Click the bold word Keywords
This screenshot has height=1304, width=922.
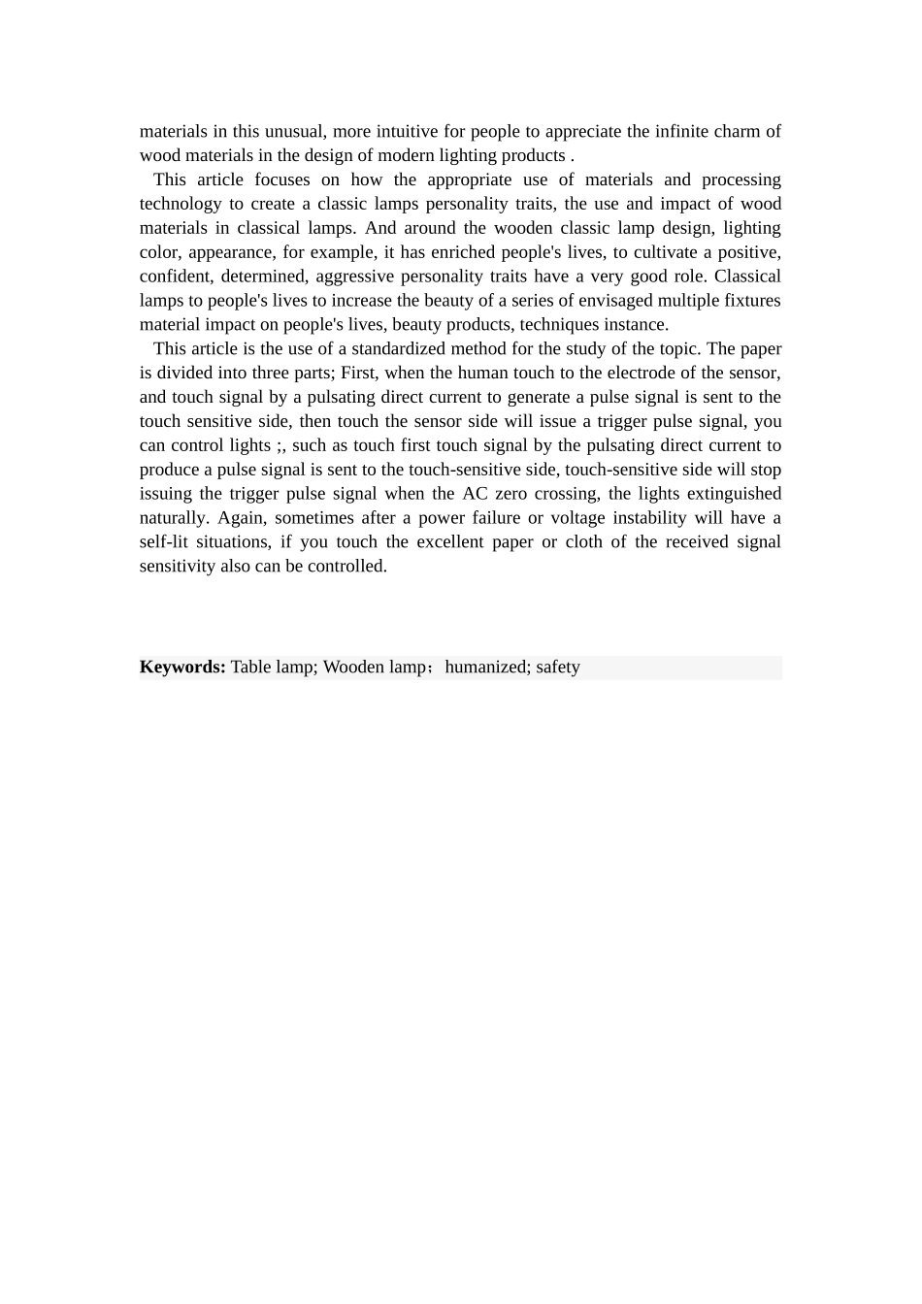click(182, 667)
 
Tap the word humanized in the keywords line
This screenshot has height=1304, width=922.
click(485, 667)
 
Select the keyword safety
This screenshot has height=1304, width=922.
click(558, 667)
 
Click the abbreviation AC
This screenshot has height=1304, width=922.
click(475, 494)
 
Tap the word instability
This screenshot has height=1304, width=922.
click(648, 518)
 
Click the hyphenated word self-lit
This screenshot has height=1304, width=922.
click(163, 542)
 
